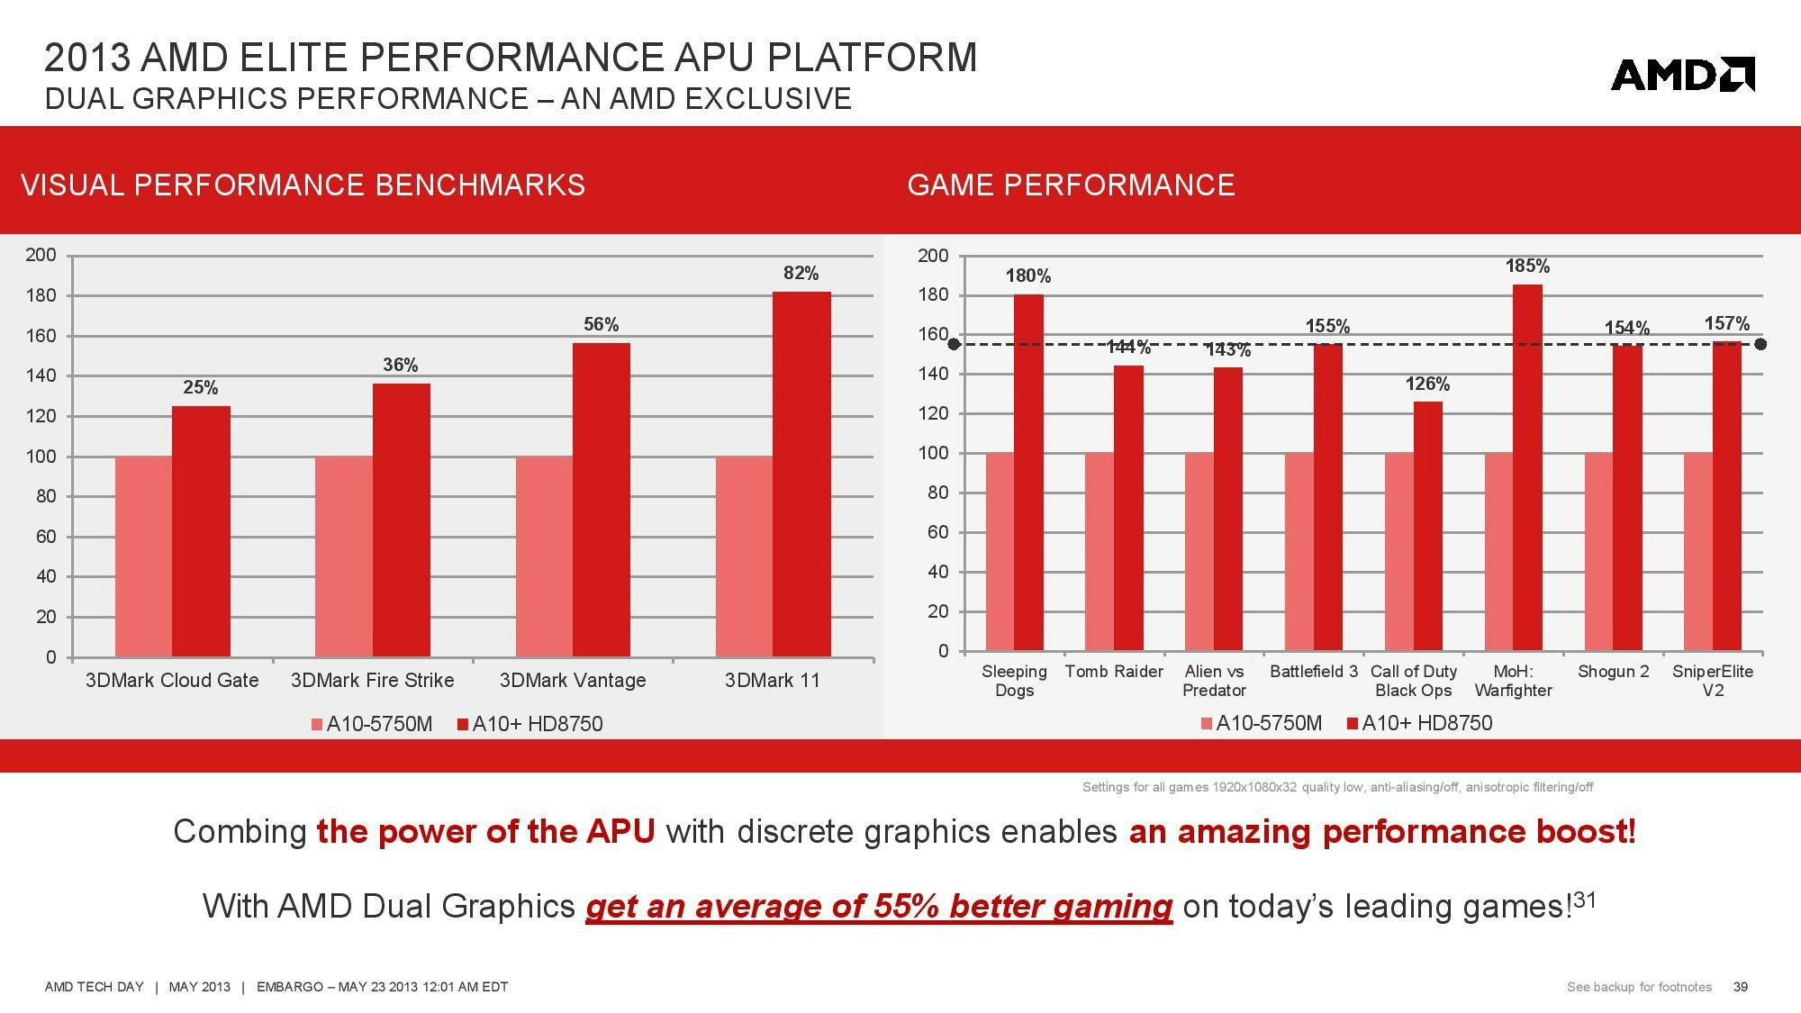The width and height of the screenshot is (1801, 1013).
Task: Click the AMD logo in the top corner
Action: tap(1682, 74)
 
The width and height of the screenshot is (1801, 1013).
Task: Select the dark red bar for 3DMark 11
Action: tap(801, 474)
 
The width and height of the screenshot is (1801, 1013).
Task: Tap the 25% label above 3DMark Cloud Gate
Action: tap(200, 387)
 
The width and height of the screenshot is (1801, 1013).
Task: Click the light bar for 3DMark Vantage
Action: tap(544, 556)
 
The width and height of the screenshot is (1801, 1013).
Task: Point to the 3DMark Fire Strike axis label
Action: tap(372, 680)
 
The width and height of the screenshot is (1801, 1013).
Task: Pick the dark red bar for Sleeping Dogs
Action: tap(1028, 472)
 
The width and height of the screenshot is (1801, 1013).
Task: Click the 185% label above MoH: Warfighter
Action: tap(1527, 266)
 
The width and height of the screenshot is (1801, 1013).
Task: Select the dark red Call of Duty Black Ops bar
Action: tap(1427, 526)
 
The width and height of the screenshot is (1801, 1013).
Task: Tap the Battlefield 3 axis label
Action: tap(1313, 672)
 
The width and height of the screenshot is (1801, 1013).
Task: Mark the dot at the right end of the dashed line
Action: tap(1760, 344)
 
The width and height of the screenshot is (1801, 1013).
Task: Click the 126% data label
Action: tap(1427, 384)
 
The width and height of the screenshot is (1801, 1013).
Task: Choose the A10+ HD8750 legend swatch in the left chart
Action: tap(464, 725)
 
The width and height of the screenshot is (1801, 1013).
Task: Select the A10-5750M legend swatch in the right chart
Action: tap(1207, 724)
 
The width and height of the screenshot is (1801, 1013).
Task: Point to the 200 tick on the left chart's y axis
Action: tap(41, 255)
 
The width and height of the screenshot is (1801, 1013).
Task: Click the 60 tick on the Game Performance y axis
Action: tap(937, 532)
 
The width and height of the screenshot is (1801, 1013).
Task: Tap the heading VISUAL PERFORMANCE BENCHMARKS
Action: tap(303, 185)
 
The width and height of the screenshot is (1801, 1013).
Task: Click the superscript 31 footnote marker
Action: tap(1584, 899)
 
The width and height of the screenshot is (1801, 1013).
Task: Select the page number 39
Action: tap(1740, 987)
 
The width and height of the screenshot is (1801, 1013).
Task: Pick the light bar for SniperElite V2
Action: tap(1697, 551)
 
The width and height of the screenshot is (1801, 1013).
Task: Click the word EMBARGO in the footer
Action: tap(289, 987)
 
